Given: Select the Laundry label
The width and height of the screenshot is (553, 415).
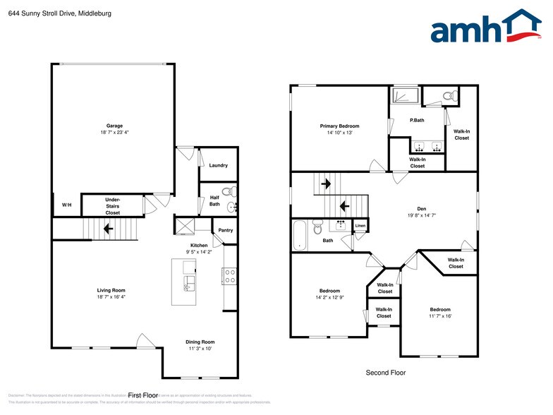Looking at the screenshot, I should [x=218, y=165].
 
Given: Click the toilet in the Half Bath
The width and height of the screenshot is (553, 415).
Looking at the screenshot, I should [x=228, y=191].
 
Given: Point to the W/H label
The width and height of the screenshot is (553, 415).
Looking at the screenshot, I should [x=66, y=205].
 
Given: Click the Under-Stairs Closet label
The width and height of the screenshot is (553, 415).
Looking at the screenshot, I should [x=112, y=205].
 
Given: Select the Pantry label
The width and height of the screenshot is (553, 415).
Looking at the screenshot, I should [x=225, y=230].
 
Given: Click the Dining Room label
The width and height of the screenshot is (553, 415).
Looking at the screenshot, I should [x=200, y=341].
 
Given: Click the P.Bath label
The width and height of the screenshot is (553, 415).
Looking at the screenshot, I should [x=417, y=120].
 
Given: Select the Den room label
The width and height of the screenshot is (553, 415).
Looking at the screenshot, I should [x=421, y=208].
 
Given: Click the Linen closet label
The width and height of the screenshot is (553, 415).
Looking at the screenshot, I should [x=360, y=226].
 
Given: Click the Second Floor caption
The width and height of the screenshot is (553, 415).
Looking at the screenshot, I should [x=385, y=372].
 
